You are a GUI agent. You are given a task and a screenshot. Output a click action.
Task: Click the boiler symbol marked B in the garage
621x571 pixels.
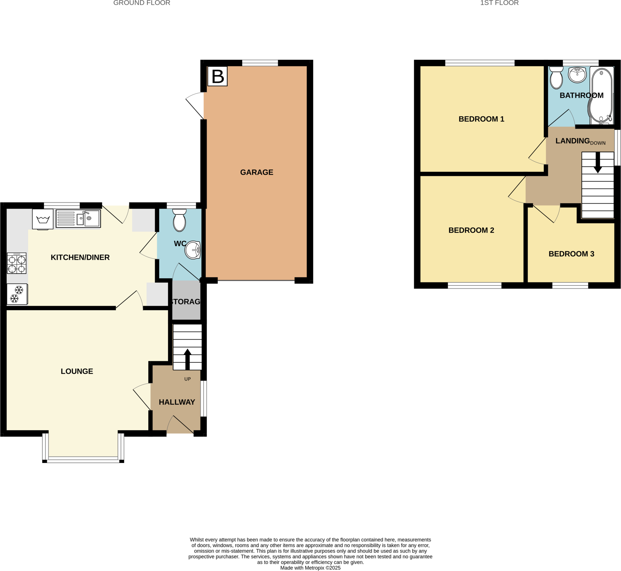click(217, 76)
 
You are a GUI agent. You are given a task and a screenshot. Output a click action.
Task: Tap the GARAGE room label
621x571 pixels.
click(257, 172)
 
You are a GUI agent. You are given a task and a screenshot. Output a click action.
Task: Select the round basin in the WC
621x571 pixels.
click(193, 250)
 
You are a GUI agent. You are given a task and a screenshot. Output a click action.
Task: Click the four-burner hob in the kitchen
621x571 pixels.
click(17, 263)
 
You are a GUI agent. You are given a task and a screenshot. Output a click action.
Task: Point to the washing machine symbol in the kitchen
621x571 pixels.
click(43, 219)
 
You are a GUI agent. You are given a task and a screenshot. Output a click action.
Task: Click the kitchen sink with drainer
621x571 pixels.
click(78, 218)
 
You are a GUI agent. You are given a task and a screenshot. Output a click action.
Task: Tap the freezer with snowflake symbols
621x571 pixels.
click(17, 294)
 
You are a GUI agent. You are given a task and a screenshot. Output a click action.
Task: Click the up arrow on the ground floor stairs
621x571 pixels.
click(187, 359)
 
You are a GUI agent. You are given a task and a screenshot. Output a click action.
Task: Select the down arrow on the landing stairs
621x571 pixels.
click(598, 163)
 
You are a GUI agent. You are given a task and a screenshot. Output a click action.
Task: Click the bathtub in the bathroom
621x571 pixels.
click(601, 96)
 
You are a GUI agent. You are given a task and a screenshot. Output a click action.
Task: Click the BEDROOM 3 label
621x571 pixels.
click(571, 254)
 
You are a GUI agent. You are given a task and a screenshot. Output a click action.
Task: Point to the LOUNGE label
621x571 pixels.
click(77, 371)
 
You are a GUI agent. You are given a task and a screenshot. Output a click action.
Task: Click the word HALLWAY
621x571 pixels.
click(177, 402)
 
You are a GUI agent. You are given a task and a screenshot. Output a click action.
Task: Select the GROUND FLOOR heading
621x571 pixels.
click(142, 3)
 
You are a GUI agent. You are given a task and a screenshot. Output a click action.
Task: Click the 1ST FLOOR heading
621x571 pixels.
click(499, 3)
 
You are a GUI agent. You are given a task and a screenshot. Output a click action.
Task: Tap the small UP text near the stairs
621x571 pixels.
click(187, 379)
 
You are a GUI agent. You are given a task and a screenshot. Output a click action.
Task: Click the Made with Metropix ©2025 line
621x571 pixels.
click(310, 568)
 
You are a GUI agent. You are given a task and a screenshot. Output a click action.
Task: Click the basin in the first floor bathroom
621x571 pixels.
click(577, 75)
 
